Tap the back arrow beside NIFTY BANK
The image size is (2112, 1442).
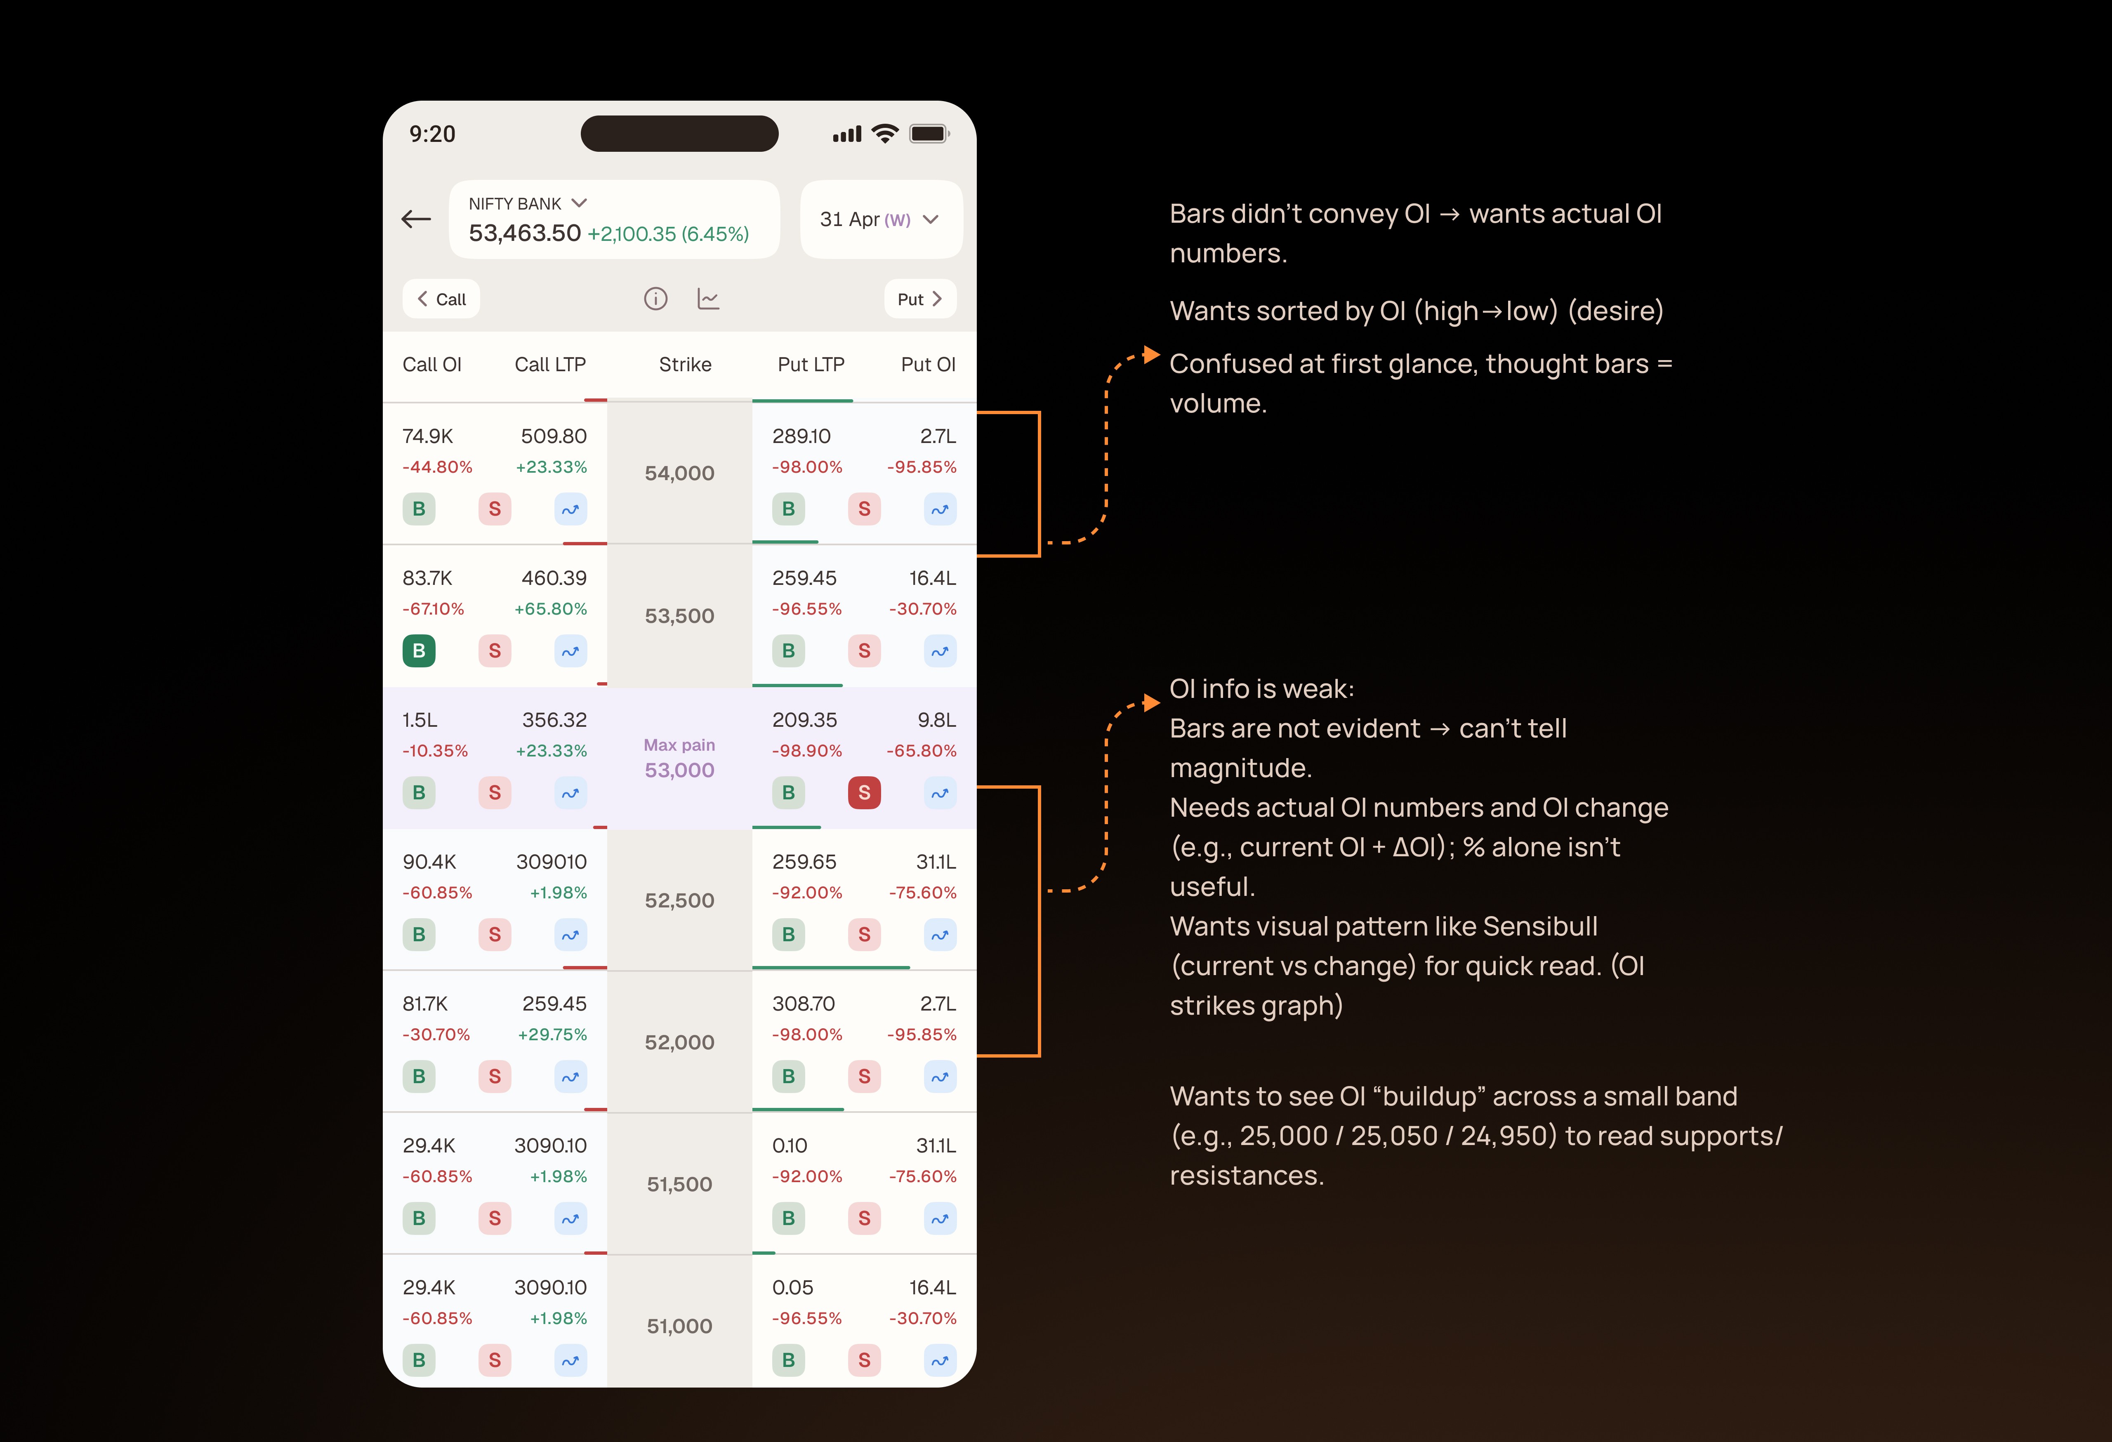click(x=416, y=219)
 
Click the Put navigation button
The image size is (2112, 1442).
click(x=920, y=299)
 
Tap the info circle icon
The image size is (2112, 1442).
click(x=655, y=299)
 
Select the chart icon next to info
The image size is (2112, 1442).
click(x=708, y=299)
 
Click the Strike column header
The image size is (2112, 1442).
click(x=685, y=364)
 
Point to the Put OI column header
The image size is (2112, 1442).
click(x=928, y=364)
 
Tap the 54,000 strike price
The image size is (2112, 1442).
click(x=680, y=474)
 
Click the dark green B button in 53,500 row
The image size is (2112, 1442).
click(x=419, y=650)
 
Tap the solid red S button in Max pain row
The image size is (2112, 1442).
click(x=864, y=792)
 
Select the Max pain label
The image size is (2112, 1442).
click(x=680, y=745)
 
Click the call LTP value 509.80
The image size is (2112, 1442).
click(x=554, y=436)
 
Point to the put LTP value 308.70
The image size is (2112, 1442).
click(x=804, y=1004)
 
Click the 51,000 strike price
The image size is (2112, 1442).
click(x=680, y=1327)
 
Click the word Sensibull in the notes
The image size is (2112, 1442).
click(x=1540, y=926)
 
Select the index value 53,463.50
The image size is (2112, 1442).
click(x=524, y=233)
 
